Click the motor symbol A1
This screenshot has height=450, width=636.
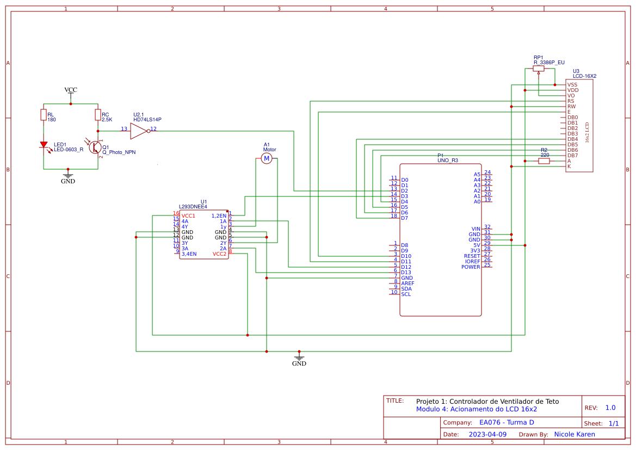pyautogui.click(x=267, y=158)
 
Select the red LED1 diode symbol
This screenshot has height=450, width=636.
pyautogui.click(x=44, y=145)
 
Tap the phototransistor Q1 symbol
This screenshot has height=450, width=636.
pyautogui.click(x=95, y=147)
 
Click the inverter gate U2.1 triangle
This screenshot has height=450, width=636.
pyautogui.click(x=138, y=131)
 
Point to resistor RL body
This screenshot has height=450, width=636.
pyautogui.click(x=44, y=115)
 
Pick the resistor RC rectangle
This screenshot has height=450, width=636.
pyautogui.click(x=98, y=115)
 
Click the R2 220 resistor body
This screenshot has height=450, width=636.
pyautogui.click(x=544, y=161)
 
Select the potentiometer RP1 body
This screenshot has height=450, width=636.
pyautogui.click(x=539, y=69)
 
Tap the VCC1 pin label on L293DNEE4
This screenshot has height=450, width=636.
pyautogui.click(x=188, y=216)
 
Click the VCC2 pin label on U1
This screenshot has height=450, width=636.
pyautogui.click(x=219, y=254)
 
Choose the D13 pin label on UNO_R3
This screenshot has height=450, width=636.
pyautogui.click(x=406, y=273)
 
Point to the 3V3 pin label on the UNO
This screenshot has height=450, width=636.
pyautogui.click(x=475, y=251)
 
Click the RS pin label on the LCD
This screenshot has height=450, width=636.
pyautogui.click(x=571, y=101)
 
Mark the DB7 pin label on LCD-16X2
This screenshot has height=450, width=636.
pyautogui.click(x=572, y=156)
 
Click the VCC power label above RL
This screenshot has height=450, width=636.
pyautogui.click(x=71, y=90)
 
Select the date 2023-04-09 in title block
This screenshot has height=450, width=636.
pyautogui.click(x=487, y=435)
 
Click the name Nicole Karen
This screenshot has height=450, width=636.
pyautogui.click(x=574, y=435)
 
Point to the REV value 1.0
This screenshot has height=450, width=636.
pyautogui.click(x=610, y=408)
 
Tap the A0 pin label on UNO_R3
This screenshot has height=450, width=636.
pyautogui.click(x=477, y=202)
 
